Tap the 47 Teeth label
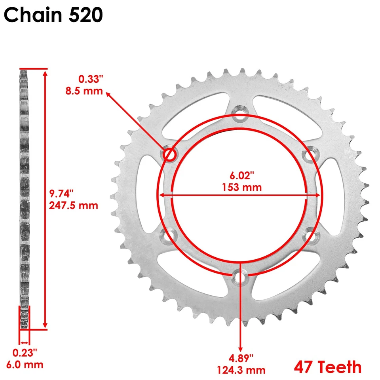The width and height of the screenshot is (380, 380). coord(327,367)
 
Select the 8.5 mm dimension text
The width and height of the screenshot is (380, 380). coord(84,91)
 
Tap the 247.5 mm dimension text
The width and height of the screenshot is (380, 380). coord(73,205)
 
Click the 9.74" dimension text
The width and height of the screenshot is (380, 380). coord(62,194)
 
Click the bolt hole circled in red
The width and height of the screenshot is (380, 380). coord(170,154)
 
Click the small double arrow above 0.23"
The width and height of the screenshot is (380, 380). coord(25,342)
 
